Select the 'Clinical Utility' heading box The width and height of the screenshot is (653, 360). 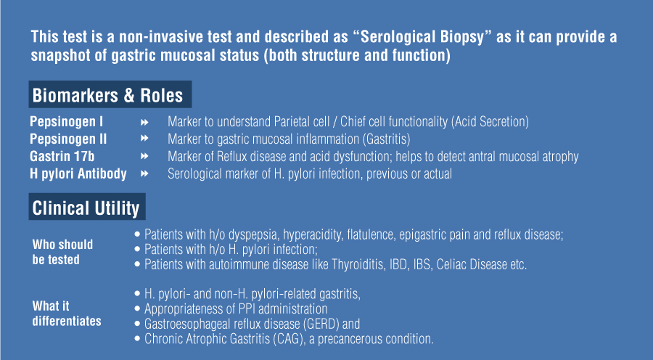(87, 207)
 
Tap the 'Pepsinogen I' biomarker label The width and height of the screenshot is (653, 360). (67, 122)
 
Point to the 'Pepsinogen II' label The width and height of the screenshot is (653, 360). (68, 139)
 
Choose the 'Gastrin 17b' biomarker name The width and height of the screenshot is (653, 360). (62, 156)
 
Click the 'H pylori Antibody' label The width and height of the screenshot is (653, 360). (78, 173)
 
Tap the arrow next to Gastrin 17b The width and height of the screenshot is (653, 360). (144, 156)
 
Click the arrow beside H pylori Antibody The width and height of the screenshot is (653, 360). (144, 173)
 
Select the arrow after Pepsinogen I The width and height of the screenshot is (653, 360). (144, 122)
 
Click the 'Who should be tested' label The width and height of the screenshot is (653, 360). (62, 252)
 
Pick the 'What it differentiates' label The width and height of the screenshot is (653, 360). (67, 314)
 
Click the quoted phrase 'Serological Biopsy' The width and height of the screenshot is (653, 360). (422, 37)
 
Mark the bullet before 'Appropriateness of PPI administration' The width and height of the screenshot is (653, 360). (137, 308)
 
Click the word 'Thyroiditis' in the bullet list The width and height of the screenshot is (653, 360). (358, 265)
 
